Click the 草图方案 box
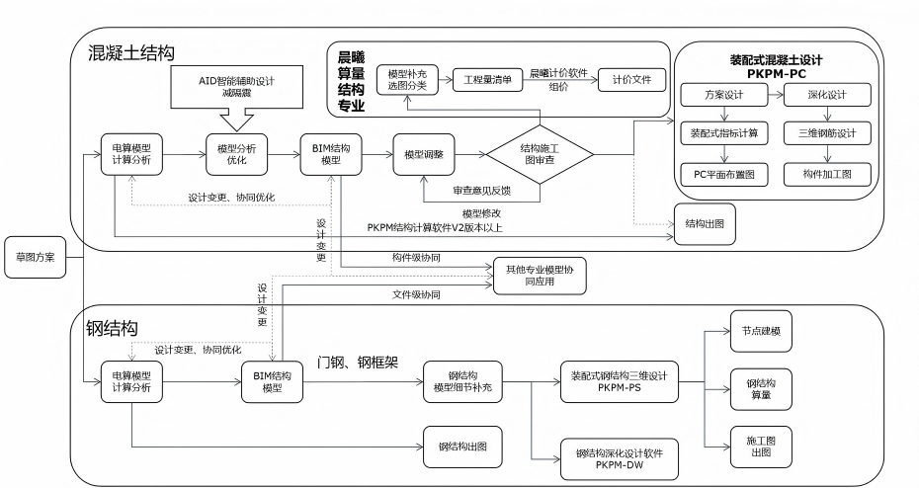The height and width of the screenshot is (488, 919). pos(35,258)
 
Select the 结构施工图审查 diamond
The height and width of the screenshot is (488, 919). pos(540,154)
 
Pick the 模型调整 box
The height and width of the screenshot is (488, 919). pos(423,154)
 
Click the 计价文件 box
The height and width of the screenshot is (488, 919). pos(632,80)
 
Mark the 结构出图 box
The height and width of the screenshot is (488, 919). pos(705,223)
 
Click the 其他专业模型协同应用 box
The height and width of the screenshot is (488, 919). pos(540,276)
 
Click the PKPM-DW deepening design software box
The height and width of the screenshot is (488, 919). pos(619,458)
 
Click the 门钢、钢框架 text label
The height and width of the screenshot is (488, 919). pos(358,363)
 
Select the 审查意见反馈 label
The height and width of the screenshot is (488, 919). pos(483,190)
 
